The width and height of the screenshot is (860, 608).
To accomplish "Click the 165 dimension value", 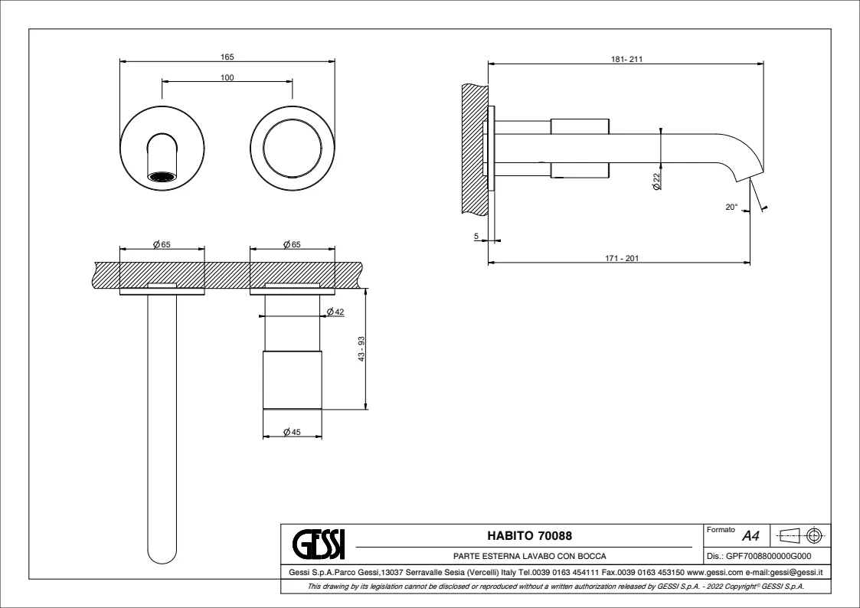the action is [227, 57].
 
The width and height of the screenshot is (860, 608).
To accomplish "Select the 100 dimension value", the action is [227, 78].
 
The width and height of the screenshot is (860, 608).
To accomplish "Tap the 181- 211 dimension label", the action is [627, 60].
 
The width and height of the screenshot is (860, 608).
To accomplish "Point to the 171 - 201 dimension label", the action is [622, 258].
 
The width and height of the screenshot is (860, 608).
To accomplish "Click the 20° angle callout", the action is [731, 208].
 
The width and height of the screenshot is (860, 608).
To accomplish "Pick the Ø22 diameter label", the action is [656, 181].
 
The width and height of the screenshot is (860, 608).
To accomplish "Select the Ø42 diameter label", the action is [335, 312].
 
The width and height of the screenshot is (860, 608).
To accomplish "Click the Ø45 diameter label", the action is [292, 432].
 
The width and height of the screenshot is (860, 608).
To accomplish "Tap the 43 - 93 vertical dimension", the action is [361, 348].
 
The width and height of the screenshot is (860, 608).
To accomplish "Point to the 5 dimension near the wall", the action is [476, 237].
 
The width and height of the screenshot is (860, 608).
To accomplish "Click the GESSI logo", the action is [319, 544].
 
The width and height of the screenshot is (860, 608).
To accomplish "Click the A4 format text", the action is [750, 536].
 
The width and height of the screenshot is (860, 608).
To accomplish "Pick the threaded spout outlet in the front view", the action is [163, 177].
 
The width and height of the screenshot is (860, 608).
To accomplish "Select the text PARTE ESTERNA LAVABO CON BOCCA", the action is [530, 556].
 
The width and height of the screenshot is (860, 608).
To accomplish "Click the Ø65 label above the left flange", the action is [162, 244].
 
